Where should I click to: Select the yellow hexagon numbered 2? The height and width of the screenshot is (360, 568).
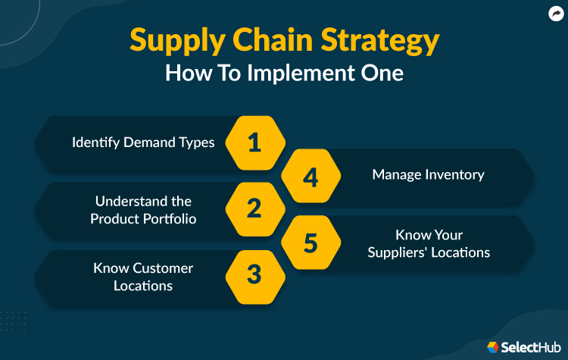(254, 209)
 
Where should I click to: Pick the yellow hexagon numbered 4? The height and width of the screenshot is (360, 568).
(311, 176)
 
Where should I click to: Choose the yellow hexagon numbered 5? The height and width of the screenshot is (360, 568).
(311, 243)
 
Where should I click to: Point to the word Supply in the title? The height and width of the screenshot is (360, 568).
(173, 41)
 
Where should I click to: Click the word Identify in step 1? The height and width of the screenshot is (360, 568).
(96, 142)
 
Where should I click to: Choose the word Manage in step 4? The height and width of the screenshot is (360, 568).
(394, 175)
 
